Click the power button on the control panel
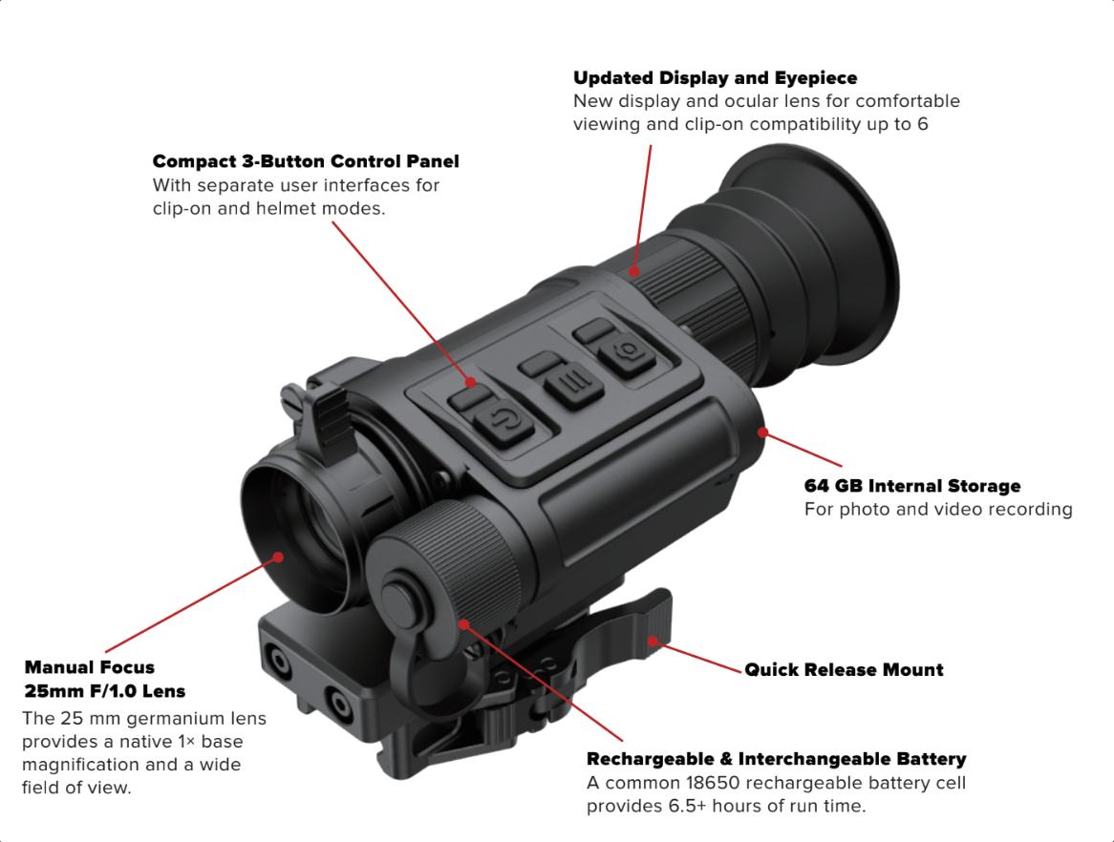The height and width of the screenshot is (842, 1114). (x=504, y=421)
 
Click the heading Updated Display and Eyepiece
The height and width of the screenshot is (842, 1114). (x=715, y=78)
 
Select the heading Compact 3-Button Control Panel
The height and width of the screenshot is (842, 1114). (x=306, y=161)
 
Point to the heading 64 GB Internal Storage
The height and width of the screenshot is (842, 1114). (x=912, y=486)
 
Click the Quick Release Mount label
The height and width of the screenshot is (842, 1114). (x=844, y=670)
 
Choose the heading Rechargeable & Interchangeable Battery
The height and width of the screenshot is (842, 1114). (x=776, y=760)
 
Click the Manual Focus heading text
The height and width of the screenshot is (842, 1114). (x=89, y=667)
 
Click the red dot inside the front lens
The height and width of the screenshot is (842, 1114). (x=278, y=557)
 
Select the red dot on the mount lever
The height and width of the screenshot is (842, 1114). (x=653, y=641)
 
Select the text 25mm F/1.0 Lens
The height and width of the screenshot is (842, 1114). (x=105, y=690)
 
